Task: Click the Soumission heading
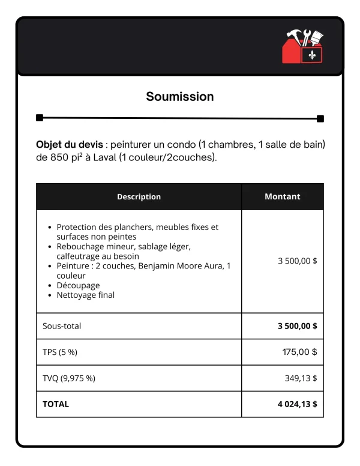point(180,97)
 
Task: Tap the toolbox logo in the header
point(302,46)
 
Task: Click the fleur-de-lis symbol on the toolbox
point(312,55)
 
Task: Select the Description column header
point(139,196)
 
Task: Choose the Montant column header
point(283,196)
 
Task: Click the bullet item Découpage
point(78,285)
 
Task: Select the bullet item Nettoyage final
point(85,295)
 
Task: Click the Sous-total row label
point(62,326)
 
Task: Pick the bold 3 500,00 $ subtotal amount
point(297,326)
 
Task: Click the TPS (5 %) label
point(60,353)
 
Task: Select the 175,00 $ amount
point(299,353)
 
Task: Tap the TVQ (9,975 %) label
point(69,378)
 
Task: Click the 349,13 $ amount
point(301,378)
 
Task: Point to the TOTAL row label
point(56,404)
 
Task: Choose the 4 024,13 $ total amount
point(297,404)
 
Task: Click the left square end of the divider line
point(40,118)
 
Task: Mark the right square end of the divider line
point(320,118)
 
